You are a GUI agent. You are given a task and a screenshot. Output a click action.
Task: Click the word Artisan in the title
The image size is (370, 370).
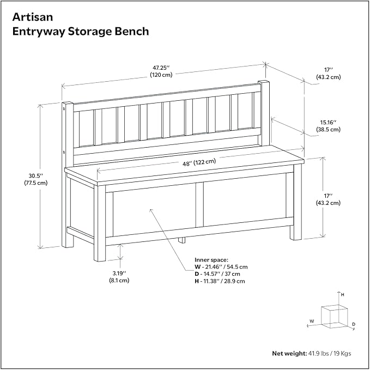pyautogui.click(x=33, y=17)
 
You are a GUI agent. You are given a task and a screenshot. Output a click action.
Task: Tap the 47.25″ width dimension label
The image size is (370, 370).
pyautogui.click(x=161, y=68)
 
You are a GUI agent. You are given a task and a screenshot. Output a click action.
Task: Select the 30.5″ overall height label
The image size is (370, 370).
pyautogui.click(x=36, y=176)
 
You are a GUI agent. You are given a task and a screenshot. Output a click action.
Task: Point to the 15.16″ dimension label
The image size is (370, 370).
pyautogui.click(x=328, y=122)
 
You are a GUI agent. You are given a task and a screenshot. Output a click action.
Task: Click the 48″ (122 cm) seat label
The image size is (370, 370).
pyautogui.click(x=199, y=162)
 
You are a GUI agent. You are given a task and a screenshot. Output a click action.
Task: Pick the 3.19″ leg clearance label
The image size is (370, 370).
pyautogui.click(x=119, y=273)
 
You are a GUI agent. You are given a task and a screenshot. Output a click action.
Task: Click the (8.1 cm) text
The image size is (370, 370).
pyautogui.click(x=119, y=280)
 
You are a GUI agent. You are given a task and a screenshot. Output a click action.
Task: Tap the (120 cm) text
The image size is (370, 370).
pyautogui.click(x=161, y=75)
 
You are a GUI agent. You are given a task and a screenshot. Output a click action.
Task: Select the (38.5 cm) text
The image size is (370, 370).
pyautogui.click(x=328, y=130)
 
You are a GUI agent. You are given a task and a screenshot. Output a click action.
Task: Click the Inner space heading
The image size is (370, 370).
pyautogui.click(x=211, y=260)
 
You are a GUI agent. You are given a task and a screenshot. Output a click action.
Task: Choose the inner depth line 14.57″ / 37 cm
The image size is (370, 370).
pyautogui.click(x=217, y=274)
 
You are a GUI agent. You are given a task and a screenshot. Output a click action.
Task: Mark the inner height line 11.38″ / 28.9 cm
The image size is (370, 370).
pyautogui.click(x=220, y=281)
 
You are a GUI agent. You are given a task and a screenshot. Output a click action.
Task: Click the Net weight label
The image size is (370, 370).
pyautogui.click(x=289, y=353)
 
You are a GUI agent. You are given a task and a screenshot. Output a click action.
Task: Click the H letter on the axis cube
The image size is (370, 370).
pyautogui.click(x=343, y=294)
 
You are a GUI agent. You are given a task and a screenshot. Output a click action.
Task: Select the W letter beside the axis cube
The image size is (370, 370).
pyautogui.click(x=312, y=321)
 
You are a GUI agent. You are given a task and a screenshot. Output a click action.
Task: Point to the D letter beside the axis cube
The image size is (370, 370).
pyautogui.click(x=354, y=324)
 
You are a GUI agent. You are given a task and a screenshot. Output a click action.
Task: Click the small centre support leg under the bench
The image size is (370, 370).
pyautogui.click(x=181, y=240)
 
